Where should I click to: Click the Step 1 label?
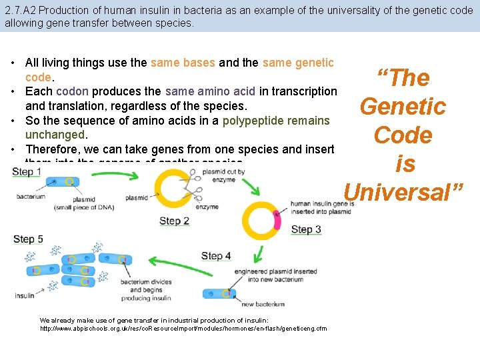pyautogui.click(x=27, y=172)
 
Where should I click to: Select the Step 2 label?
pyautogui.click(x=174, y=221)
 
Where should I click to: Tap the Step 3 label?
pyautogui.click(x=306, y=229)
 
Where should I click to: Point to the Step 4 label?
pyautogui.click(x=216, y=255)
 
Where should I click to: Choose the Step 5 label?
pyautogui.click(x=28, y=239)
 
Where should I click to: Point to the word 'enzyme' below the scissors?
pyautogui.click(x=207, y=207)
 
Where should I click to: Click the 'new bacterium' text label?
pyautogui.click(x=263, y=304)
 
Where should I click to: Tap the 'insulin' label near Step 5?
pyautogui.click(x=25, y=296)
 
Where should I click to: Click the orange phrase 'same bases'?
pyautogui.click(x=183, y=63)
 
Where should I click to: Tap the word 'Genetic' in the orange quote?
pyautogui.click(x=403, y=106)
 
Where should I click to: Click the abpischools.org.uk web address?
pyautogui.click(x=183, y=329)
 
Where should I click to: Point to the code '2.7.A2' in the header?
pyautogui.click(x=20, y=10)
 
